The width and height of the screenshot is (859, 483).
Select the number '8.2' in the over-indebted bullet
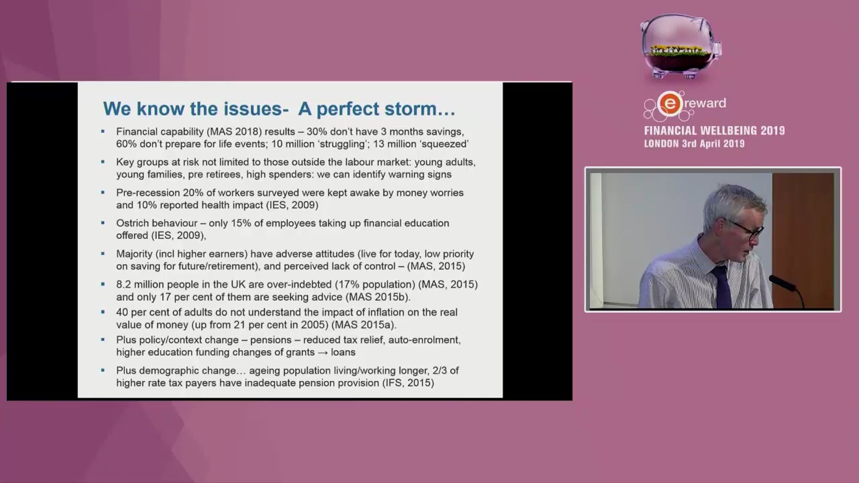pyautogui.click(x=123, y=284)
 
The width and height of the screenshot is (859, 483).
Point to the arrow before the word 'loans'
pyautogui.click(x=323, y=353)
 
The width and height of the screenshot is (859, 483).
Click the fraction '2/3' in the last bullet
pyautogui.click(x=439, y=370)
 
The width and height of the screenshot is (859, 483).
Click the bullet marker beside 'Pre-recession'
pyautogui.click(x=103, y=192)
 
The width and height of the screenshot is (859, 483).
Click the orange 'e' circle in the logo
pyautogui.click(x=670, y=104)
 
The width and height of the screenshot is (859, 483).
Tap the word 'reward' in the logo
pyautogui.click(x=705, y=103)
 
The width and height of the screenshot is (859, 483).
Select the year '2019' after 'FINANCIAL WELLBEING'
pyautogui.click(x=773, y=131)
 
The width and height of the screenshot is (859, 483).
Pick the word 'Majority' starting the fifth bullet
pyautogui.click(x=135, y=254)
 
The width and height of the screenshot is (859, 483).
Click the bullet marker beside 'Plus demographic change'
pyautogui.click(x=103, y=370)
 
